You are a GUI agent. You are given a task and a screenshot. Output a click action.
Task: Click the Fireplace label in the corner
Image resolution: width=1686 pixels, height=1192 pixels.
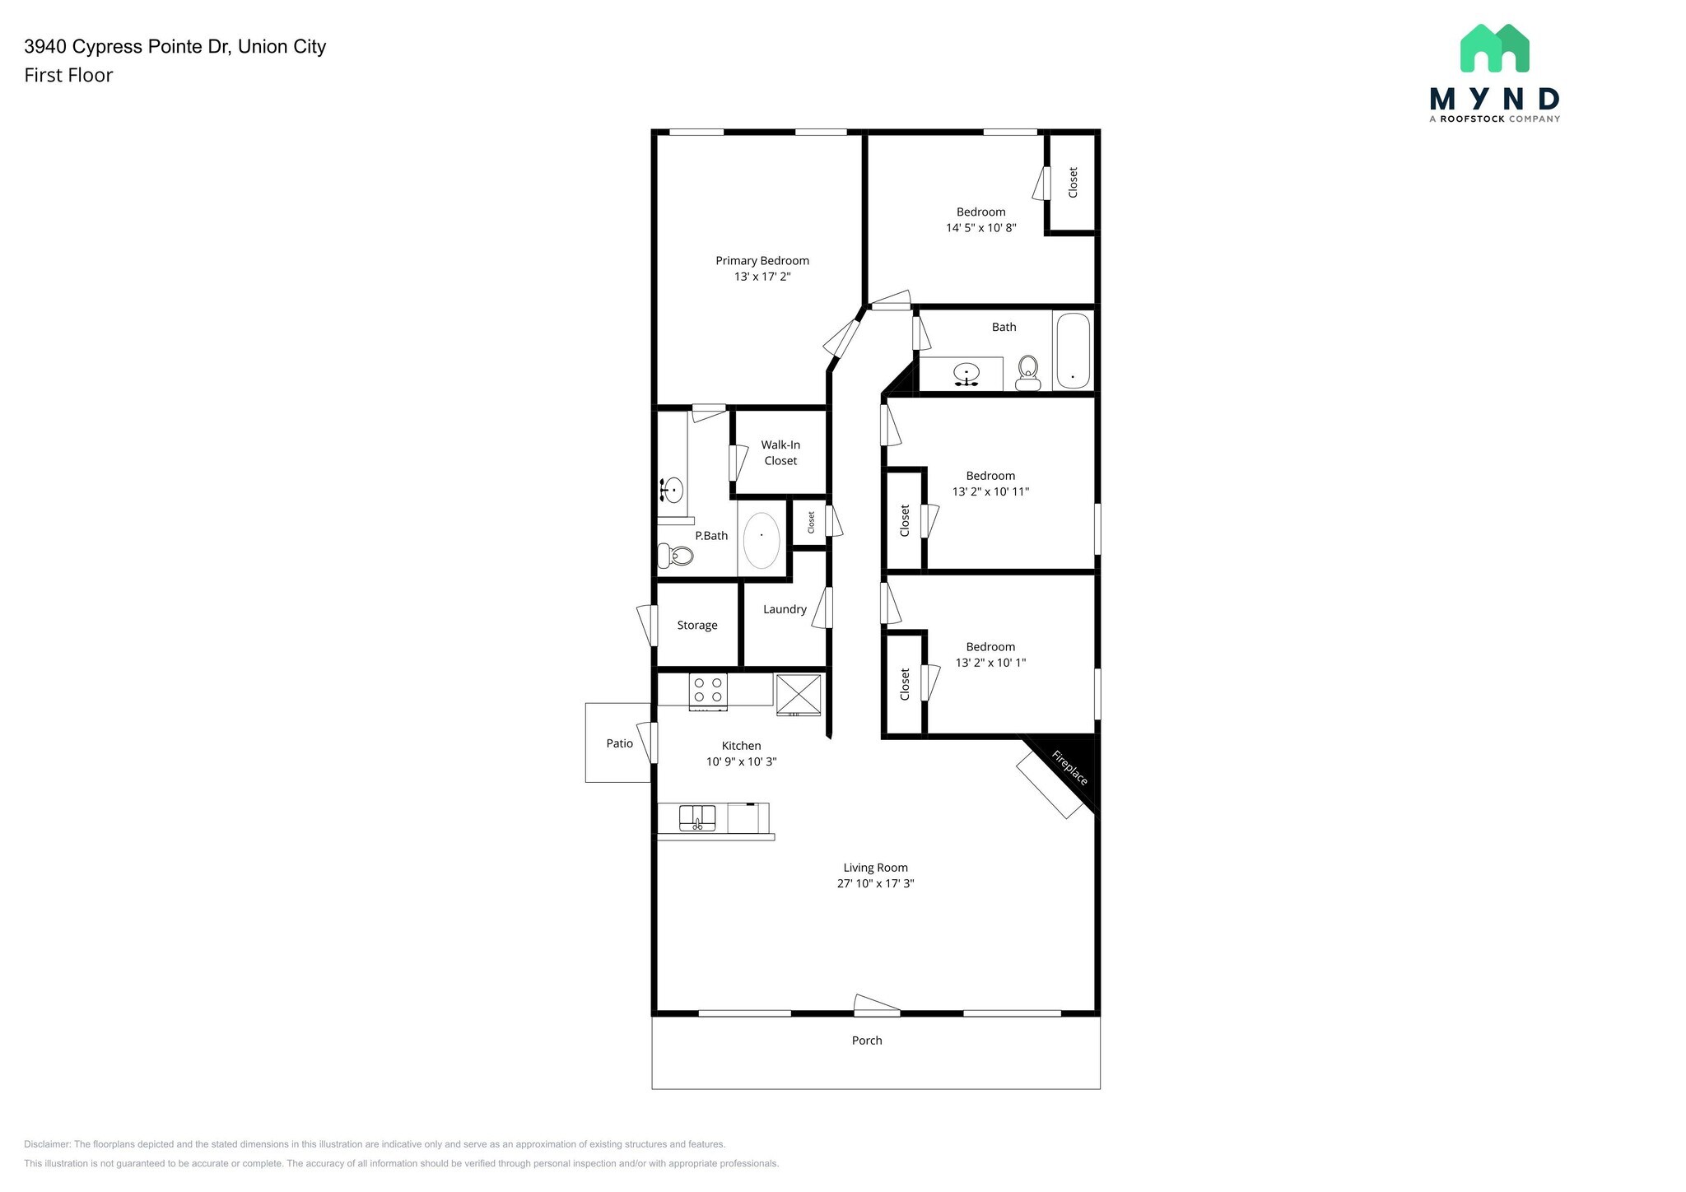1069,767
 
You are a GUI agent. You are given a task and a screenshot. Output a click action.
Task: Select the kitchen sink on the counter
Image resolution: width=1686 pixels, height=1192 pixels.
696,818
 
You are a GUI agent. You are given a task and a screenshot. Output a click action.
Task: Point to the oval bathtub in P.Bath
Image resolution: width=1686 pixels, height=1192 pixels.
761,540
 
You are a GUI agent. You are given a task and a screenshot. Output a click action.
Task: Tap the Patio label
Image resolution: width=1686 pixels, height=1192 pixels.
619,743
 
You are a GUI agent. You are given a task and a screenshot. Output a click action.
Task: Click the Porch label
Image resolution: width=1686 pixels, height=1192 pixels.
867,1041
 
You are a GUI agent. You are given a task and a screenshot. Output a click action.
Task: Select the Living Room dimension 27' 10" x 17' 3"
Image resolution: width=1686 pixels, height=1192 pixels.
875,883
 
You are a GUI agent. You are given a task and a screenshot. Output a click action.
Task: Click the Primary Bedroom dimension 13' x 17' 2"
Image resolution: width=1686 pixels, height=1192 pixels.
762,277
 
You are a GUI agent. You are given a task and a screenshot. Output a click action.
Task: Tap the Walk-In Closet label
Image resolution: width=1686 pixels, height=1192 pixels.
780,453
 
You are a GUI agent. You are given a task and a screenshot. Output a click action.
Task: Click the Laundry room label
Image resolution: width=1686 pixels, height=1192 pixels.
785,609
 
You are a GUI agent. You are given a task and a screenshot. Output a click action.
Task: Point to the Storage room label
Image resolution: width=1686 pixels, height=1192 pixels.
697,626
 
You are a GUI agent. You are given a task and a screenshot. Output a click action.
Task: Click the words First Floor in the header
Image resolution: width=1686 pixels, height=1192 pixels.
68,75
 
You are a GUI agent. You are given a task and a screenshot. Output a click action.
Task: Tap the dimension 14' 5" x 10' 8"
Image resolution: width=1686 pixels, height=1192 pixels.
980,228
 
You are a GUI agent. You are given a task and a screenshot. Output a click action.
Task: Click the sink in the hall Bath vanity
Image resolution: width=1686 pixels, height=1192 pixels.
966,375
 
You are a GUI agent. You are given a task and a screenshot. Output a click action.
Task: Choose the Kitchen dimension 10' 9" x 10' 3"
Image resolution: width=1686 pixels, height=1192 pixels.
741,761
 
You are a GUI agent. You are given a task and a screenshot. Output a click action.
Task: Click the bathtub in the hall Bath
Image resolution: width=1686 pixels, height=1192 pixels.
1073,351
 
